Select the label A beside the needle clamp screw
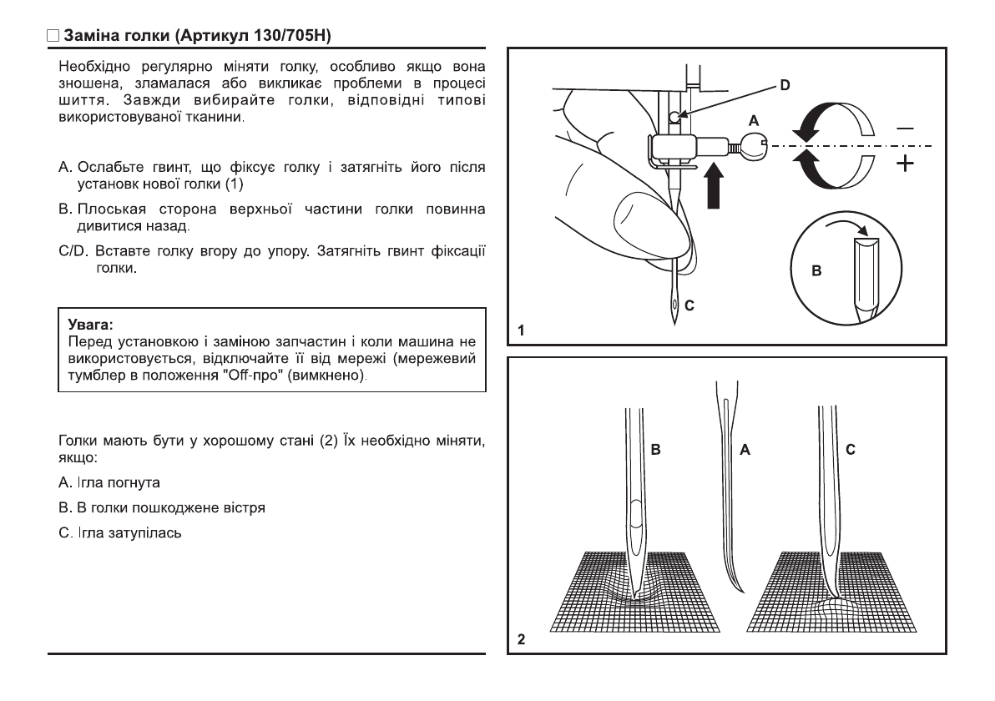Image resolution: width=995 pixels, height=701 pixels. click(754, 121)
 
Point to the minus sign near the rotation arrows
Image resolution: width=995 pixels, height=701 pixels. click(905, 129)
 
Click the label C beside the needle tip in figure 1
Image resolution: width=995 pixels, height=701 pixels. click(689, 306)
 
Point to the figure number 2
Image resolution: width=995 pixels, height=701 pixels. click(521, 640)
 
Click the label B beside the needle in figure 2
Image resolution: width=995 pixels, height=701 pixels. click(656, 450)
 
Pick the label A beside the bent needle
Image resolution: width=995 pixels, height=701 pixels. click(745, 450)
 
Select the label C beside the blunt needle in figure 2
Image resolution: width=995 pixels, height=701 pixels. click(850, 450)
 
